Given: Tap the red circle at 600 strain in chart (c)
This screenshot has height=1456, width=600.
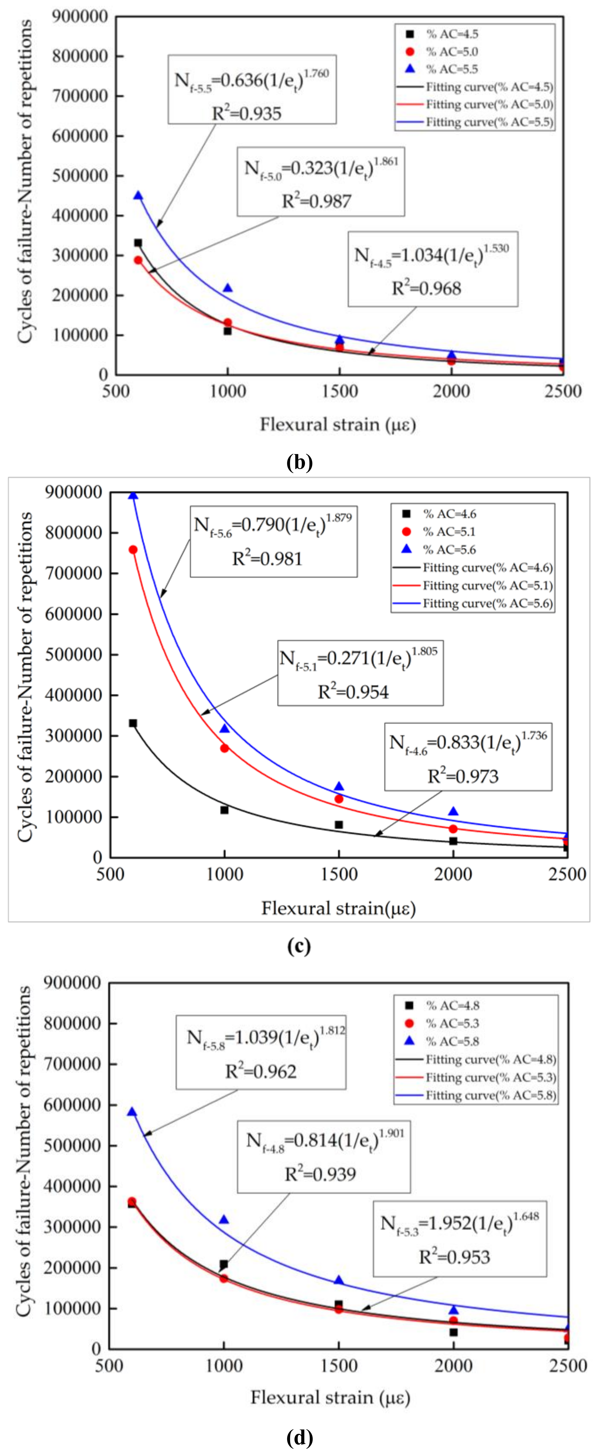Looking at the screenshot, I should pos(133,549).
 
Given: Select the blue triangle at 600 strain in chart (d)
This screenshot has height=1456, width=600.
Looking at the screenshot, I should pos(132,1112).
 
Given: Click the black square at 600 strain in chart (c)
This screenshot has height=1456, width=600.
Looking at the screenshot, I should pos(133,723).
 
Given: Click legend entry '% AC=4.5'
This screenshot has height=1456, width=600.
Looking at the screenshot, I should pos(451,34).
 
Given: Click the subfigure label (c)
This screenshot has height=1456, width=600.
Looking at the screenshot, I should pos(299,946).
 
